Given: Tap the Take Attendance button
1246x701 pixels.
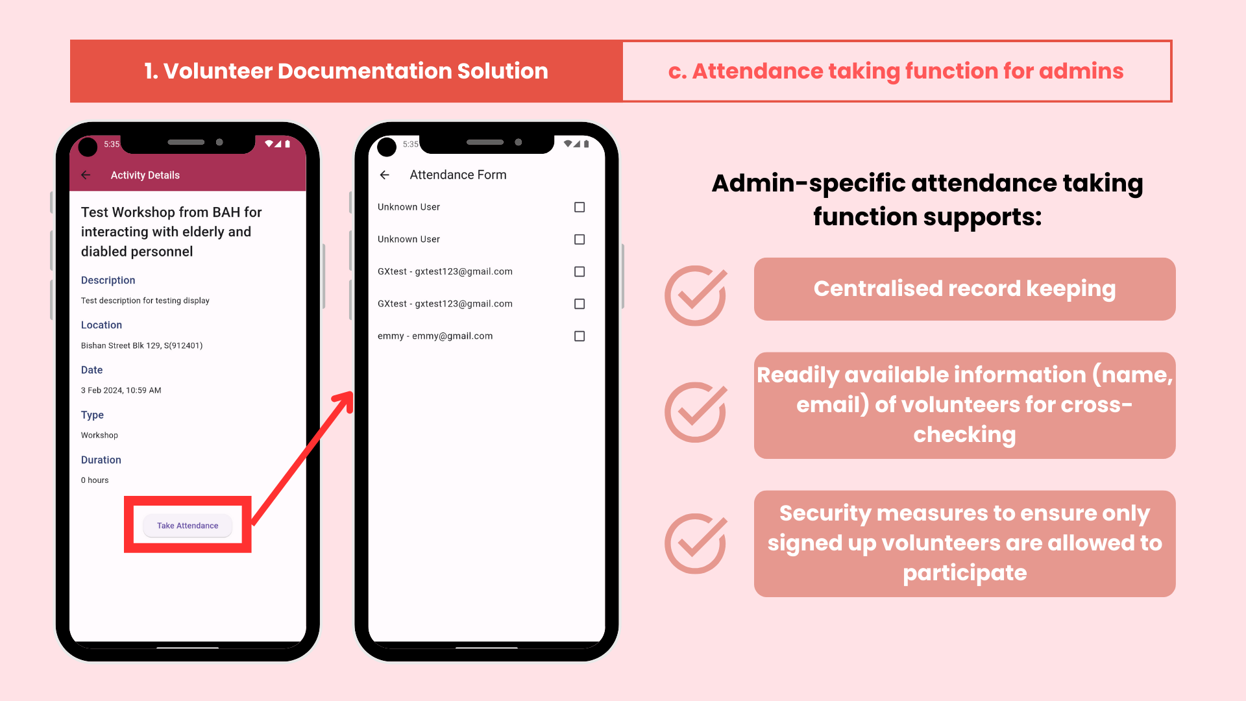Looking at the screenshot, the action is click(188, 526).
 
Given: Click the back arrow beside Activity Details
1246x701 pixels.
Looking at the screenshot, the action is click(86, 175).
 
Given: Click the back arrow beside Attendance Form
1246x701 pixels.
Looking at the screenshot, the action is click(385, 175).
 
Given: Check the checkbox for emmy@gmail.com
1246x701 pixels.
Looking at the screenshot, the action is click(580, 336).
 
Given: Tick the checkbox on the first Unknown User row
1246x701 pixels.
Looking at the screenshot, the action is click(580, 207).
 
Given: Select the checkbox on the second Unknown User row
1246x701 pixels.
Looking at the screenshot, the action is click(580, 240).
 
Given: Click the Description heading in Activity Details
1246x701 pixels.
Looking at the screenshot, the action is click(108, 280).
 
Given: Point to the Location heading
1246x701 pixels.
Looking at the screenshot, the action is click(101, 325).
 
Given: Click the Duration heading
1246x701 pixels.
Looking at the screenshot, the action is click(101, 460).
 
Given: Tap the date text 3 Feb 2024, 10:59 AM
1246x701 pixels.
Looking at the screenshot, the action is click(121, 391).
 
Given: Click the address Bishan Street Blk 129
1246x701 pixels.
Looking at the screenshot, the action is click(141, 346).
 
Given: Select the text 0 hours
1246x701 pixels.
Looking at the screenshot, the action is click(95, 480).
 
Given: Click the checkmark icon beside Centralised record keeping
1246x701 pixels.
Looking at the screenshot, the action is click(696, 295).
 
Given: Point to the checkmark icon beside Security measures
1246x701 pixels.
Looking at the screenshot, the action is click(696, 543).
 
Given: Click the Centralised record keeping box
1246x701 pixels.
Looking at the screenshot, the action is click(964, 289).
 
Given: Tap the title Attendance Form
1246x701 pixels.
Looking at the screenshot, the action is click(458, 175).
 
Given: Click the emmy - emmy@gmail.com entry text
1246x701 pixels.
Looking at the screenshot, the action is click(435, 336).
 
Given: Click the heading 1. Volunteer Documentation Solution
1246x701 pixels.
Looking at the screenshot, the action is click(346, 71).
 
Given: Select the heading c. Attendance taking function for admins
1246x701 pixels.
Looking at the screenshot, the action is click(896, 71).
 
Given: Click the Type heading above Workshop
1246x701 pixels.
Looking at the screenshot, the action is click(92, 415).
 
